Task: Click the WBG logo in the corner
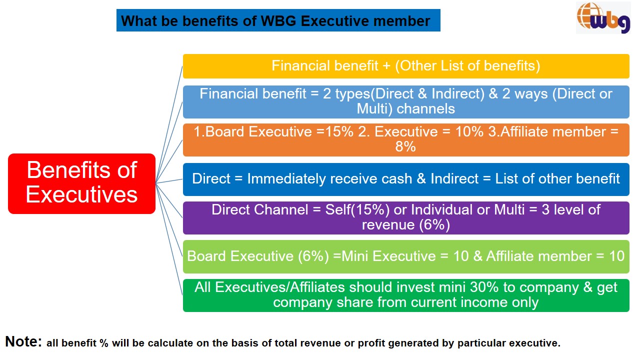pos(603,17)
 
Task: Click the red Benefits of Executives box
pos(81,183)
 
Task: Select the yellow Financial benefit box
pos(406,66)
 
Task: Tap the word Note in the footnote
pos(23,341)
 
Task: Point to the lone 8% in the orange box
pos(405,147)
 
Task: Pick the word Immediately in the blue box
pos(286,179)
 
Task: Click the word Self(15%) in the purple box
pos(357,209)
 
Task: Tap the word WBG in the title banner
pos(278,21)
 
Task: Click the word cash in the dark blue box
pos(396,179)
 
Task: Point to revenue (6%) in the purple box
pos(406,225)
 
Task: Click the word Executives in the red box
pos(81,194)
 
